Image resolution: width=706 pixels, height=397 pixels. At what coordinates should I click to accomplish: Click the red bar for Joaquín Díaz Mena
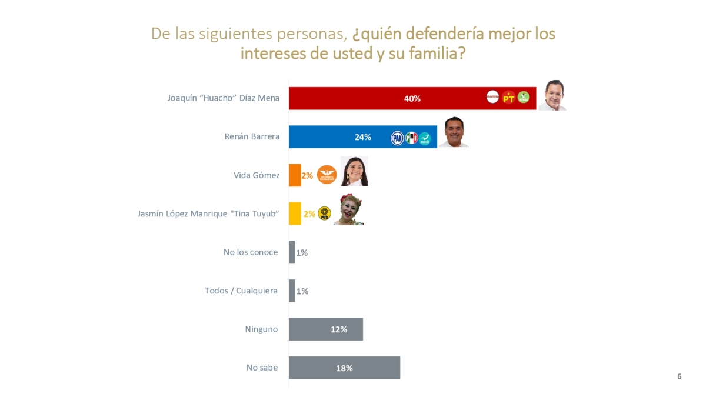[x=353, y=98]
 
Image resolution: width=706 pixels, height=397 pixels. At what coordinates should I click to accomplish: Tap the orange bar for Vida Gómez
[x=295, y=175]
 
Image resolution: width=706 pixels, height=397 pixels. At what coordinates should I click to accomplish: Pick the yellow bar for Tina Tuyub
[x=295, y=214]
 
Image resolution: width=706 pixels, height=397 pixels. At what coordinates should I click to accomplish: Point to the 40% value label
[x=412, y=98]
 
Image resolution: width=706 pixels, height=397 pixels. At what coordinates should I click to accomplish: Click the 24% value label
[x=362, y=137]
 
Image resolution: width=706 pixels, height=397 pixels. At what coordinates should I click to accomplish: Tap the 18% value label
[x=344, y=368]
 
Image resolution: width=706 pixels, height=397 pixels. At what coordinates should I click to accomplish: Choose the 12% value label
[x=338, y=329]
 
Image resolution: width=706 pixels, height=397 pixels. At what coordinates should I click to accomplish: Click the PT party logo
[x=508, y=98]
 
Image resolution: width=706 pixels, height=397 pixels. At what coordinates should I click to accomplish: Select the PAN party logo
[x=398, y=138]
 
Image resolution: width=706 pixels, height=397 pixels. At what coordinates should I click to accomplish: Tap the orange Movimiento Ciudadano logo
[x=327, y=175]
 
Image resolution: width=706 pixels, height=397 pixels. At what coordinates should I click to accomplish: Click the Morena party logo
[x=493, y=97]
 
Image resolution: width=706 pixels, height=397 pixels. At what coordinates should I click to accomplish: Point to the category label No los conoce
[x=250, y=252]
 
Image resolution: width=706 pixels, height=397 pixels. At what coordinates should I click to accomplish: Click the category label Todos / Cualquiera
[x=241, y=291]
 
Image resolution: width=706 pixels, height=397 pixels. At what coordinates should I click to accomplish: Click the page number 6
[x=680, y=376]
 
